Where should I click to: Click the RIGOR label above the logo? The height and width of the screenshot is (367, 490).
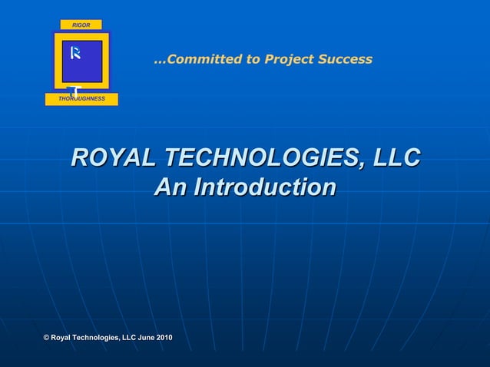click(x=81, y=25)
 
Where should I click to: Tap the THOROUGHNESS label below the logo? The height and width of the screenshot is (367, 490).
click(x=81, y=99)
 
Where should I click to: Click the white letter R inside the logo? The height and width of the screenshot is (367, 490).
click(x=75, y=53)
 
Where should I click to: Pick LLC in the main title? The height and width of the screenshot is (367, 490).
click(x=392, y=158)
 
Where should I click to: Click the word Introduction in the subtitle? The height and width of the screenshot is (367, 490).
click(x=263, y=187)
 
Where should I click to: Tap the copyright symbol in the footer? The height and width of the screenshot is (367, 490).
click(x=46, y=339)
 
